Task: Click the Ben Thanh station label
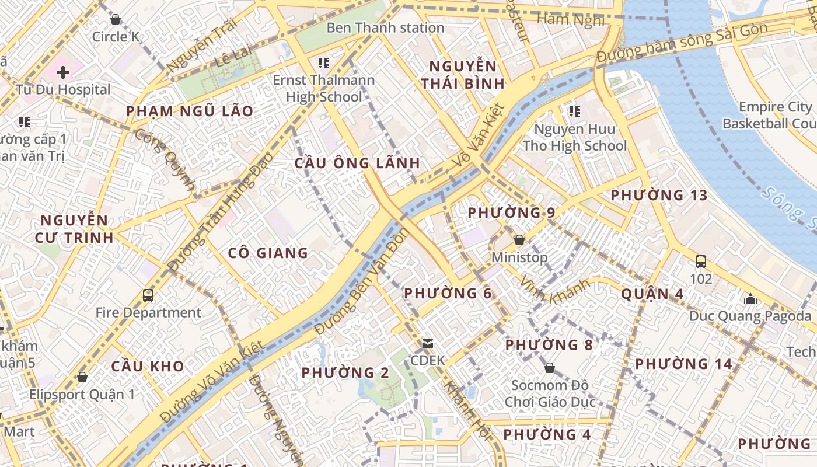[385, 27]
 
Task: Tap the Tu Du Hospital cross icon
[63, 72]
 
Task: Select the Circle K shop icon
[116, 19]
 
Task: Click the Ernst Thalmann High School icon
[324, 62]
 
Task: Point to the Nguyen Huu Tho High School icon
[574, 111]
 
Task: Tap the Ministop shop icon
[519, 240]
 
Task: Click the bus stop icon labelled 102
[701, 261]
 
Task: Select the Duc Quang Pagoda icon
[750, 299]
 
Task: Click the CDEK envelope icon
[428, 344]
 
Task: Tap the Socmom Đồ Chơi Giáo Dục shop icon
[549, 368]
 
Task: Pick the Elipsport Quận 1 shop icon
[82, 377]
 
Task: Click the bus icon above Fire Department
[148, 295]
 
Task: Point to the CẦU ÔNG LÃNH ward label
[357, 163]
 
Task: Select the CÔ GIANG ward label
[268, 253]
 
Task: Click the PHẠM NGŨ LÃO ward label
[190, 111]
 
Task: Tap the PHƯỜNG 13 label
[659, 196]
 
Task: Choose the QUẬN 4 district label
[652, 294]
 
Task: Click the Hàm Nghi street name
[570, 19]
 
